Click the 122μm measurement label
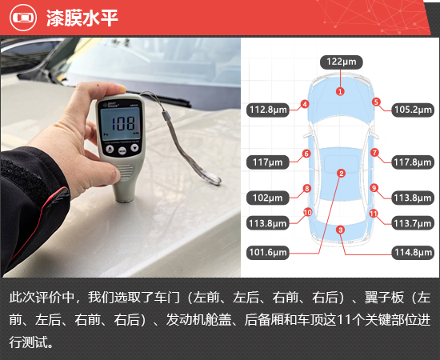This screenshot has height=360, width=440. pos(342,62)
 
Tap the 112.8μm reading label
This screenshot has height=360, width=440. pos(268,110)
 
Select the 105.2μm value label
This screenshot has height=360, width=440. pos(413,110)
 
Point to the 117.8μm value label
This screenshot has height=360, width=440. pos(413,162)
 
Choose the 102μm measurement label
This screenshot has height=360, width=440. pos(268,198)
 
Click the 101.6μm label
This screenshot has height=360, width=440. pos(268,253)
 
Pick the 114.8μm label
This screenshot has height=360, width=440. pos(413,253)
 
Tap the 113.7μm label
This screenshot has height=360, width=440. pos(413,223)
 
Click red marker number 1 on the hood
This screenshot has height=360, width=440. pos(340,91)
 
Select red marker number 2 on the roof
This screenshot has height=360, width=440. pos(342,174)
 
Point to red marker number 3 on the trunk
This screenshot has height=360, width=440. pos(340,230)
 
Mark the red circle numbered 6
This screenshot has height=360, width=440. pos(306,154)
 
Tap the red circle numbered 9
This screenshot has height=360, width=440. pos(374,188)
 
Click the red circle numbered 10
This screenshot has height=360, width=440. pos(307,213)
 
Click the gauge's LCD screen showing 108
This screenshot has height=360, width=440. pos(121,123)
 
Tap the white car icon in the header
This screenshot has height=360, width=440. pos(23,18)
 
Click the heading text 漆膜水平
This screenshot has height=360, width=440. pos(82,18)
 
